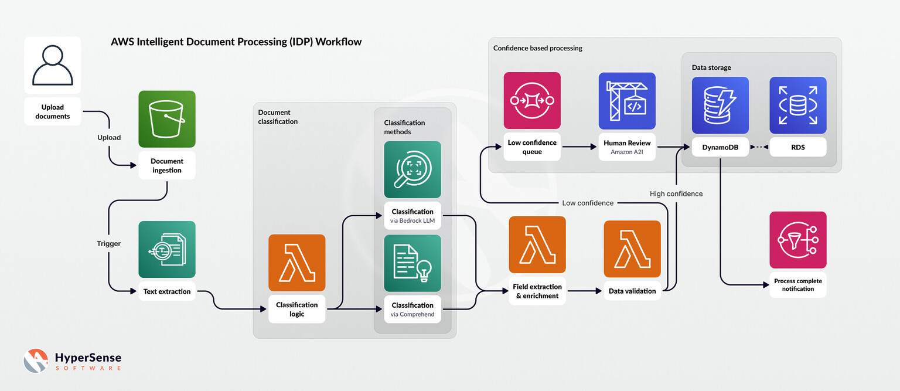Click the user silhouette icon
[53, 65]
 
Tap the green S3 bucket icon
[167, 119]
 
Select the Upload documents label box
[53, 112]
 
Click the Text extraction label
[167, 291]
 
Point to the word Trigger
[109, 243]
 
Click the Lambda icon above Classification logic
[296, 263]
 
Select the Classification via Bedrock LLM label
[412, 216]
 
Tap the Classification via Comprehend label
[412, 310]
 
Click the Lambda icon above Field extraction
[537, 244]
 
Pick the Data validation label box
[632, 291]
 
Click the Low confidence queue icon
[532, 100]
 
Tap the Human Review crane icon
[627, 100]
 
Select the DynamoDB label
[720, 147]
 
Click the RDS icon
[797, 105]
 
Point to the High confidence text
[676, 193]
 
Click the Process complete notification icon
[797, 240]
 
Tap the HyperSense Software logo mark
[36, 361]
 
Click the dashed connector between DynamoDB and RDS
[759, 147]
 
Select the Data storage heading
[711, 67]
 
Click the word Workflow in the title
[338, 42]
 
